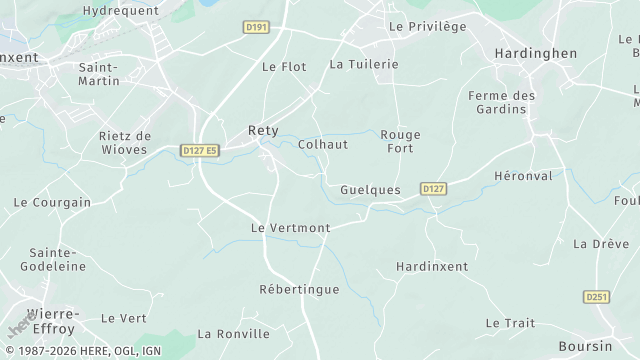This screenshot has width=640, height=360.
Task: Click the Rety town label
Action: pos(263,130)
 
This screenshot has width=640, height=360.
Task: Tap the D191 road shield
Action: pos(257,27)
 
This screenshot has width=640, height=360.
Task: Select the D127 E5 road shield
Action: pos(199,150)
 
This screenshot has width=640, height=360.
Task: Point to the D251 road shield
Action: pos(596,297)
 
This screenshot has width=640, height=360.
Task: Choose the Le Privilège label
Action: pos(427,26)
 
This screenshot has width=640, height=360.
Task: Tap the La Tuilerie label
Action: pos(364,64)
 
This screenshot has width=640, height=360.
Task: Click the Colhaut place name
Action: pos(323,144)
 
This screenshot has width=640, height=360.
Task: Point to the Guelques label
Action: pos(370,189)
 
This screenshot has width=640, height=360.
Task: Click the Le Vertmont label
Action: pos(290,228)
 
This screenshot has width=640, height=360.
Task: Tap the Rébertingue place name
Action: pos(299,289)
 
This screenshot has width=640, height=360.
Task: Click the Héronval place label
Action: pos(524,175)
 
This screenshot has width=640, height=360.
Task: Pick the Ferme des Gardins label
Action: pos(503,102)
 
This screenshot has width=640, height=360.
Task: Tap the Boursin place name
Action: pos(585,345)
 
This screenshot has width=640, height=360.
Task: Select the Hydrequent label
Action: pos(121,9)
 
